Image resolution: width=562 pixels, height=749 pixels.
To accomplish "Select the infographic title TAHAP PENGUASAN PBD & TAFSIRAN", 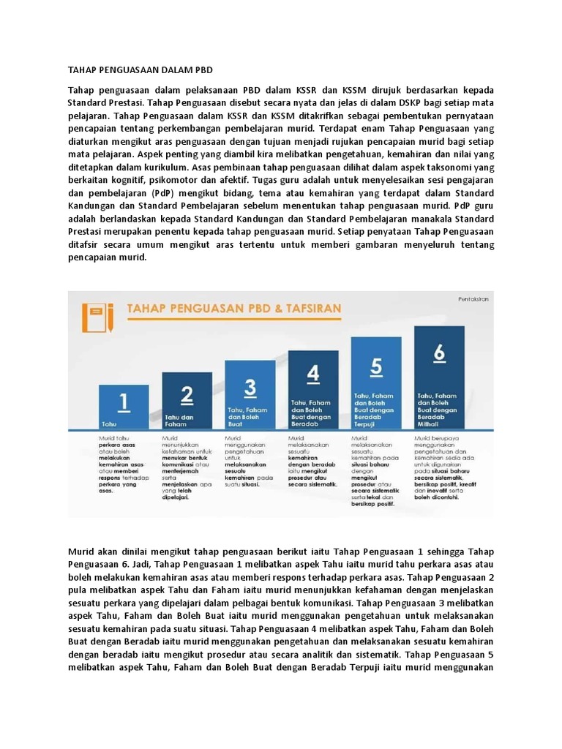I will pyautogui.click(x=234, y=309).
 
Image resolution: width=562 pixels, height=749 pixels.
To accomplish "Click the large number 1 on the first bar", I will pyautogui.click(x=124, y=402).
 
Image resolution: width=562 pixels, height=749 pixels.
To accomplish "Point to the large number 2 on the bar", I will pyautogui.click(x=187, y=396).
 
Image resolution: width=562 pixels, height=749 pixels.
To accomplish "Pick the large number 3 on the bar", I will pyautogui.click(x=250, y=386).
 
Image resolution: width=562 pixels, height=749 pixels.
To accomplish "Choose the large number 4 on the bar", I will pyautogui.click(x=313, y=374).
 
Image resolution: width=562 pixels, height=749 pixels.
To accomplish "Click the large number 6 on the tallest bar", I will pyautogui.click(x=439, y=353).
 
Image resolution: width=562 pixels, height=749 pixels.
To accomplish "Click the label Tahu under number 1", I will pyautogui.click(x=109, y=424).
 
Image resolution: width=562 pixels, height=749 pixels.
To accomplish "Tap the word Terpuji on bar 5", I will pyautogui.click(x=366, y=423).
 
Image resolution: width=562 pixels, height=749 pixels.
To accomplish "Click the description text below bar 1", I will pyautogui.click(x=124, y=464).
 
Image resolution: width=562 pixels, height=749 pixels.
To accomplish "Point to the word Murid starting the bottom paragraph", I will pyautogui.click(x=83, y=551).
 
